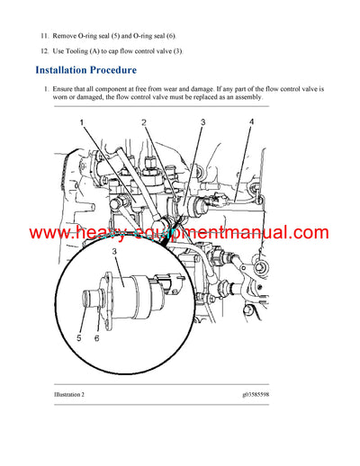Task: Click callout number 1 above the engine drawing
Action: click(x=80, y=121)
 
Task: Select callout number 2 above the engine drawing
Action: click(x=144, y=121)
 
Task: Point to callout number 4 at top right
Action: click(x=251, y=121)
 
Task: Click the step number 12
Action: click(x=44, y=50)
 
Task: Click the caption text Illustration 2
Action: click(x=56, y=393)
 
